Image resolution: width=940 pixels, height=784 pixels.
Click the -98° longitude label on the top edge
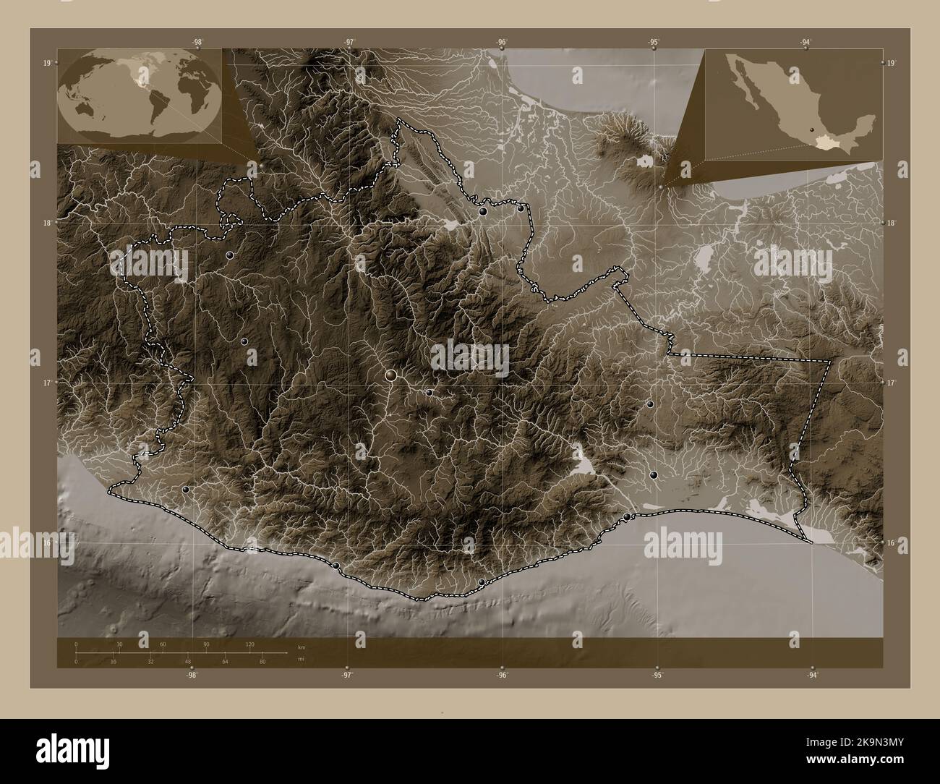[197, 42]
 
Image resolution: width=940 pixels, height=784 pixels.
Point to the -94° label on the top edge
[805, 42]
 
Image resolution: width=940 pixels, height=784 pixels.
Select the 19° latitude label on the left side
[46, 64]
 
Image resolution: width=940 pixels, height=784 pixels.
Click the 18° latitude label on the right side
[892, 223]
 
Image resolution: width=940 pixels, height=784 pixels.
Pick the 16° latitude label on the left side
[46, 542]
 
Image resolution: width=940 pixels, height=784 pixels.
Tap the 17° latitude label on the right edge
[892, 383]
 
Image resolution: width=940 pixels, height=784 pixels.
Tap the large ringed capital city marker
[391, 375]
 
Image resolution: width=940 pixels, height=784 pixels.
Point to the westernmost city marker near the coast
[186, 490]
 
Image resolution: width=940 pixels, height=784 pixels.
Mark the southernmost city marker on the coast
[482, 581]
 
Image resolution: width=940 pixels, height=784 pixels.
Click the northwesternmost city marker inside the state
[229, 255]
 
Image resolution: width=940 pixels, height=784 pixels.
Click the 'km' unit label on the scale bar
[301, 646]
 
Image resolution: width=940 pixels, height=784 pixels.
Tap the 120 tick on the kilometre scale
[249, 644]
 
